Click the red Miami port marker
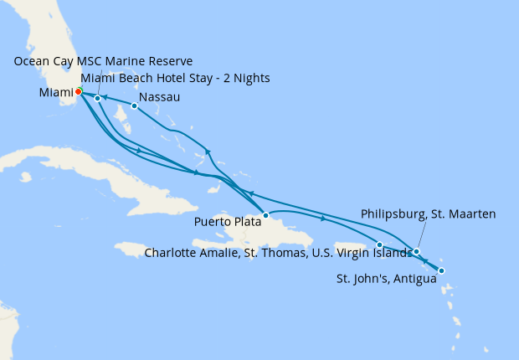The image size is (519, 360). [x=78, y=91]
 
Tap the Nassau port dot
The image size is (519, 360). [x=134, y=105]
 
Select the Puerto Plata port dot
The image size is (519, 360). [x=265, y=215]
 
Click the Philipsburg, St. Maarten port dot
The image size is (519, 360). [x=416, y=251]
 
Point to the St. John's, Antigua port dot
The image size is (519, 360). [x=441, y=270]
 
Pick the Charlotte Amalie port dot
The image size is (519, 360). [x=379, y=244]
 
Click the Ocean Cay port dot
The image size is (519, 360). [x=98, y=99]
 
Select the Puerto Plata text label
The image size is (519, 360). [x=227, y=222]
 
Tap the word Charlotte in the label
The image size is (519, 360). [x=172, y=252]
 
